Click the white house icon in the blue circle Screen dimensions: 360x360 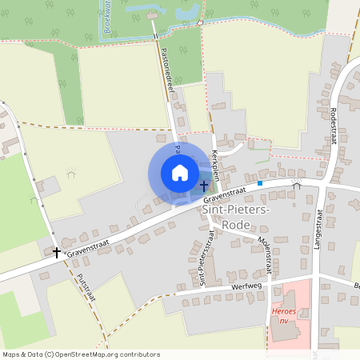pyautogui.click(x=180, y=172)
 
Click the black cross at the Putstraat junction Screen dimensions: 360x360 pyautogui.click(x=57, y=252)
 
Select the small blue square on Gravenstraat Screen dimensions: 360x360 pyautogui.click(x=260, y=183)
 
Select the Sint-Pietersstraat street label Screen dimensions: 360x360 pyautogui.click(x=202, y=256)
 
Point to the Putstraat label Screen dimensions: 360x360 pyautogui.click(x=86, y=287)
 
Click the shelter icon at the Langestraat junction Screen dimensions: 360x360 pyautogui.click(x=296, y=185)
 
